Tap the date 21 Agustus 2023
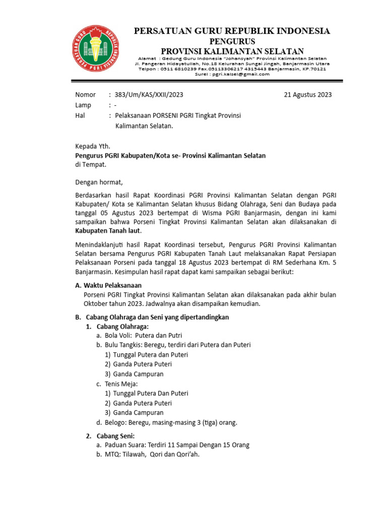click(x=307, y=95)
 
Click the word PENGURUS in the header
click(x=232, y=41)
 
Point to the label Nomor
click(x=85, y=95)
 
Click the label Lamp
click(x=83, y=105)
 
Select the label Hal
click(x=80, y=116)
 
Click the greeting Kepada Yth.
click(x=92, y=147)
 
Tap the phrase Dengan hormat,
click(x=99, y=182)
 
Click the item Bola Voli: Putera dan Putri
click(x=143, y=336)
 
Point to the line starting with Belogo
click(x=171, y=422)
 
